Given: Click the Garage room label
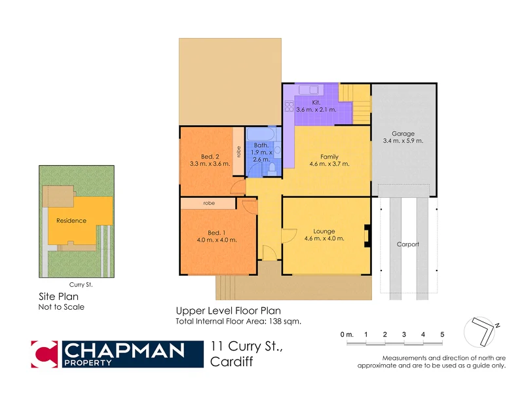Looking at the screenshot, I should (x=403, y=134).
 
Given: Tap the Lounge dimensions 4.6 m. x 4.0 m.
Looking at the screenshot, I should (x=324, y=239).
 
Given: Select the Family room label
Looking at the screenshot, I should (x=329, y=157).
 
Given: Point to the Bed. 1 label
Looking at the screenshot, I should (x=217, y=233).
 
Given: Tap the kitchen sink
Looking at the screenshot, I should (x=308, y=90).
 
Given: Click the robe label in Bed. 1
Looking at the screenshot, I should (x=209, y=204).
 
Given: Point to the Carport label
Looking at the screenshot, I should (x=407, y=244).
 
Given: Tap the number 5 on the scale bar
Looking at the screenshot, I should (x=442, y=335).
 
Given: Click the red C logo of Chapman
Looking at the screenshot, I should (x=45, y=354).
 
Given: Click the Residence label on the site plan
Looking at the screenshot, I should (x=71, y=221).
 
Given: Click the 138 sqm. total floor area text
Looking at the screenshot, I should (x=286, y=321).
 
